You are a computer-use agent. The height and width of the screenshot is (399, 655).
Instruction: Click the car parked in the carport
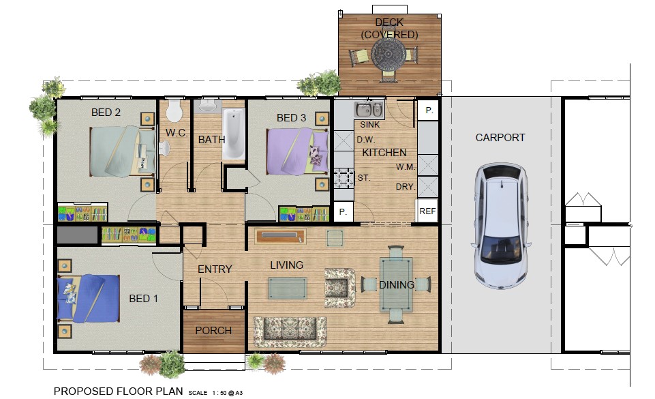(501, 226)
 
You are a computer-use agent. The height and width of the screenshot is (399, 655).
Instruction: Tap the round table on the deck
(388, 55)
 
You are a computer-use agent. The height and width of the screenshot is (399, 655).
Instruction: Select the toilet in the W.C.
(174, 110)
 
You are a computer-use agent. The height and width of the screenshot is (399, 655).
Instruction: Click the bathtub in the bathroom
(233, 133)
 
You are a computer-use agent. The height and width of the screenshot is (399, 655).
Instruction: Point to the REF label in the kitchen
(427, 211)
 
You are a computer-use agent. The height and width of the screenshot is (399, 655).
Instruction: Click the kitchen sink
(369, 110)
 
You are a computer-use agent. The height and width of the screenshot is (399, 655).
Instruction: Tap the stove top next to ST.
(344, 178)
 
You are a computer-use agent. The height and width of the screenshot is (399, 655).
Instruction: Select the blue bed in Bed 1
(89, 298)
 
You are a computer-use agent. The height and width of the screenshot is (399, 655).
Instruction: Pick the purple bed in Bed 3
(297, 151)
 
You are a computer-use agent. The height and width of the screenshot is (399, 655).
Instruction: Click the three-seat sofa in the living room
(290, 331)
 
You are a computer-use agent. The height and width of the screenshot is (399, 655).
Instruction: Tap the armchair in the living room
(339, 288)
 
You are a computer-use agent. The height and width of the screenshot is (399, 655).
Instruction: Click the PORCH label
(213, 331)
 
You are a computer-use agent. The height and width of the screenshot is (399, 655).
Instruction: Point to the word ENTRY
(215, 269)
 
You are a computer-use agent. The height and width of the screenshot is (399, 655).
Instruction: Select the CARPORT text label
(500, 138)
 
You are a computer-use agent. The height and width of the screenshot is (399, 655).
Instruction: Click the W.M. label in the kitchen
(406, 167)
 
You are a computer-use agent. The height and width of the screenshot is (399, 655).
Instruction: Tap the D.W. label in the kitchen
(366, 140)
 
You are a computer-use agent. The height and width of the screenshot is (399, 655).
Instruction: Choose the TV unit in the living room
(281, 237)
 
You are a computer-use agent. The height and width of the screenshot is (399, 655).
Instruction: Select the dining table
(396, 285)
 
